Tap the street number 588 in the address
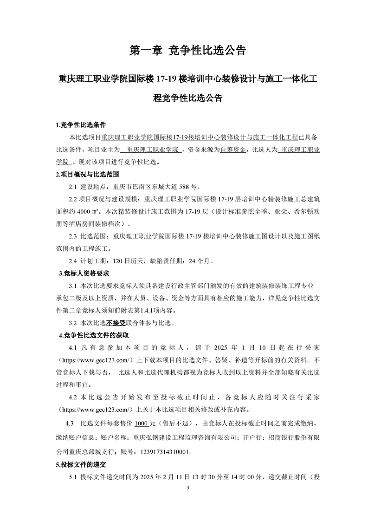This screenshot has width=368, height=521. pos(185,188)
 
